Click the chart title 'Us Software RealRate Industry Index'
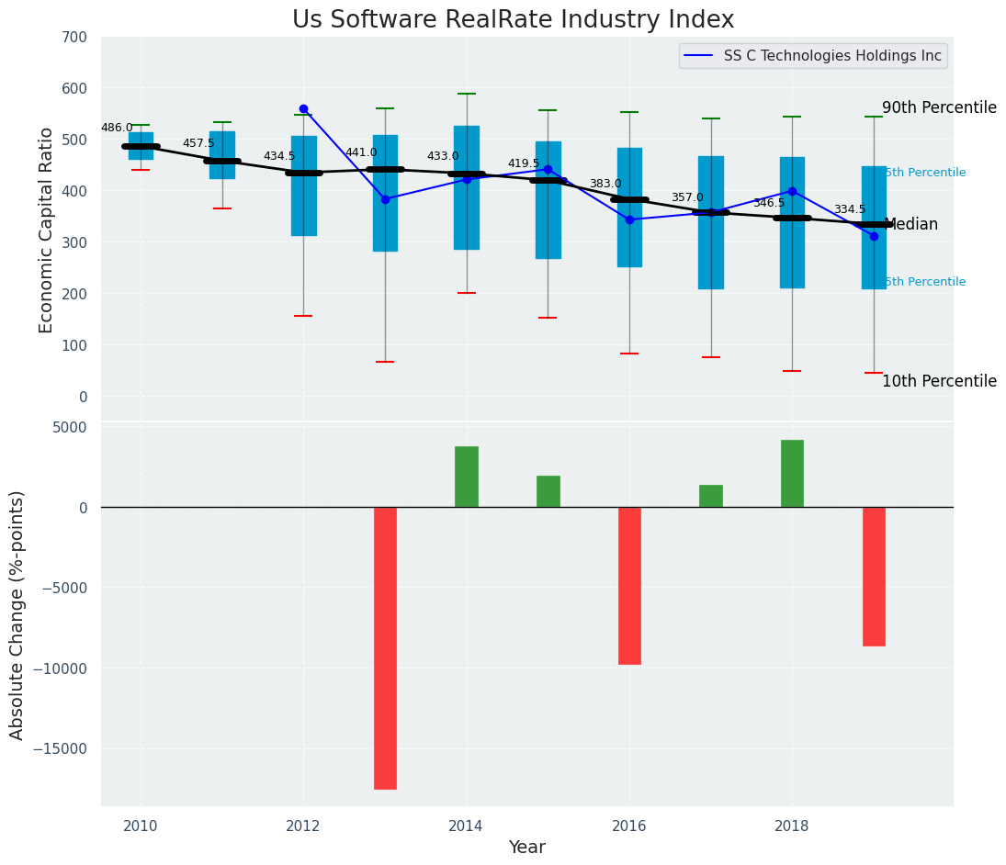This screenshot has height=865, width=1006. [x=513, y=20]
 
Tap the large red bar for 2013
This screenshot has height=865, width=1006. [x=385, y=647]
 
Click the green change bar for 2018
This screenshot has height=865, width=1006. [x=792, y=474]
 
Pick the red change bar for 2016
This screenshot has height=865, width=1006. [x=629, y=585]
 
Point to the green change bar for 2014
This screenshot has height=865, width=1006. [x=467, y=477]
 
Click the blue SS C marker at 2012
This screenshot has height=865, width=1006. [x=303, y=108]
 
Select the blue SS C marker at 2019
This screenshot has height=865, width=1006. [x=874, y=236]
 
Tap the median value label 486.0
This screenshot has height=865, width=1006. [x=117, y=128]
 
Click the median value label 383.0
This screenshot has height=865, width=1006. [x=605, y=184]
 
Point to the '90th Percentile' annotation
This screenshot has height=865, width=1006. [x=939, y=107]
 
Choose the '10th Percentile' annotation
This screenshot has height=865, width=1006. [x=939, y=381]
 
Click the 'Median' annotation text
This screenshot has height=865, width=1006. [x=910, y=224]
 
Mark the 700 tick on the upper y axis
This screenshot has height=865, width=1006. [x=74, y=37]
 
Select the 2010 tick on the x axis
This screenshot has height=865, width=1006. [x=141, y=826]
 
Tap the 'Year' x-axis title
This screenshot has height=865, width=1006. [x=527, y=848]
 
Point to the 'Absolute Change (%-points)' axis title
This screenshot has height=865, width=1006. [x=17, y=614]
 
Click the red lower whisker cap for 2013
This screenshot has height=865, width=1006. [x=385, y=362]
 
